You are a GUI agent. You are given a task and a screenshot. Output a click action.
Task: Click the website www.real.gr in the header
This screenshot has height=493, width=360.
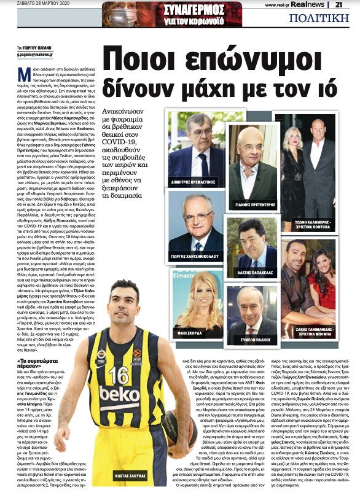(x=276, y=5)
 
